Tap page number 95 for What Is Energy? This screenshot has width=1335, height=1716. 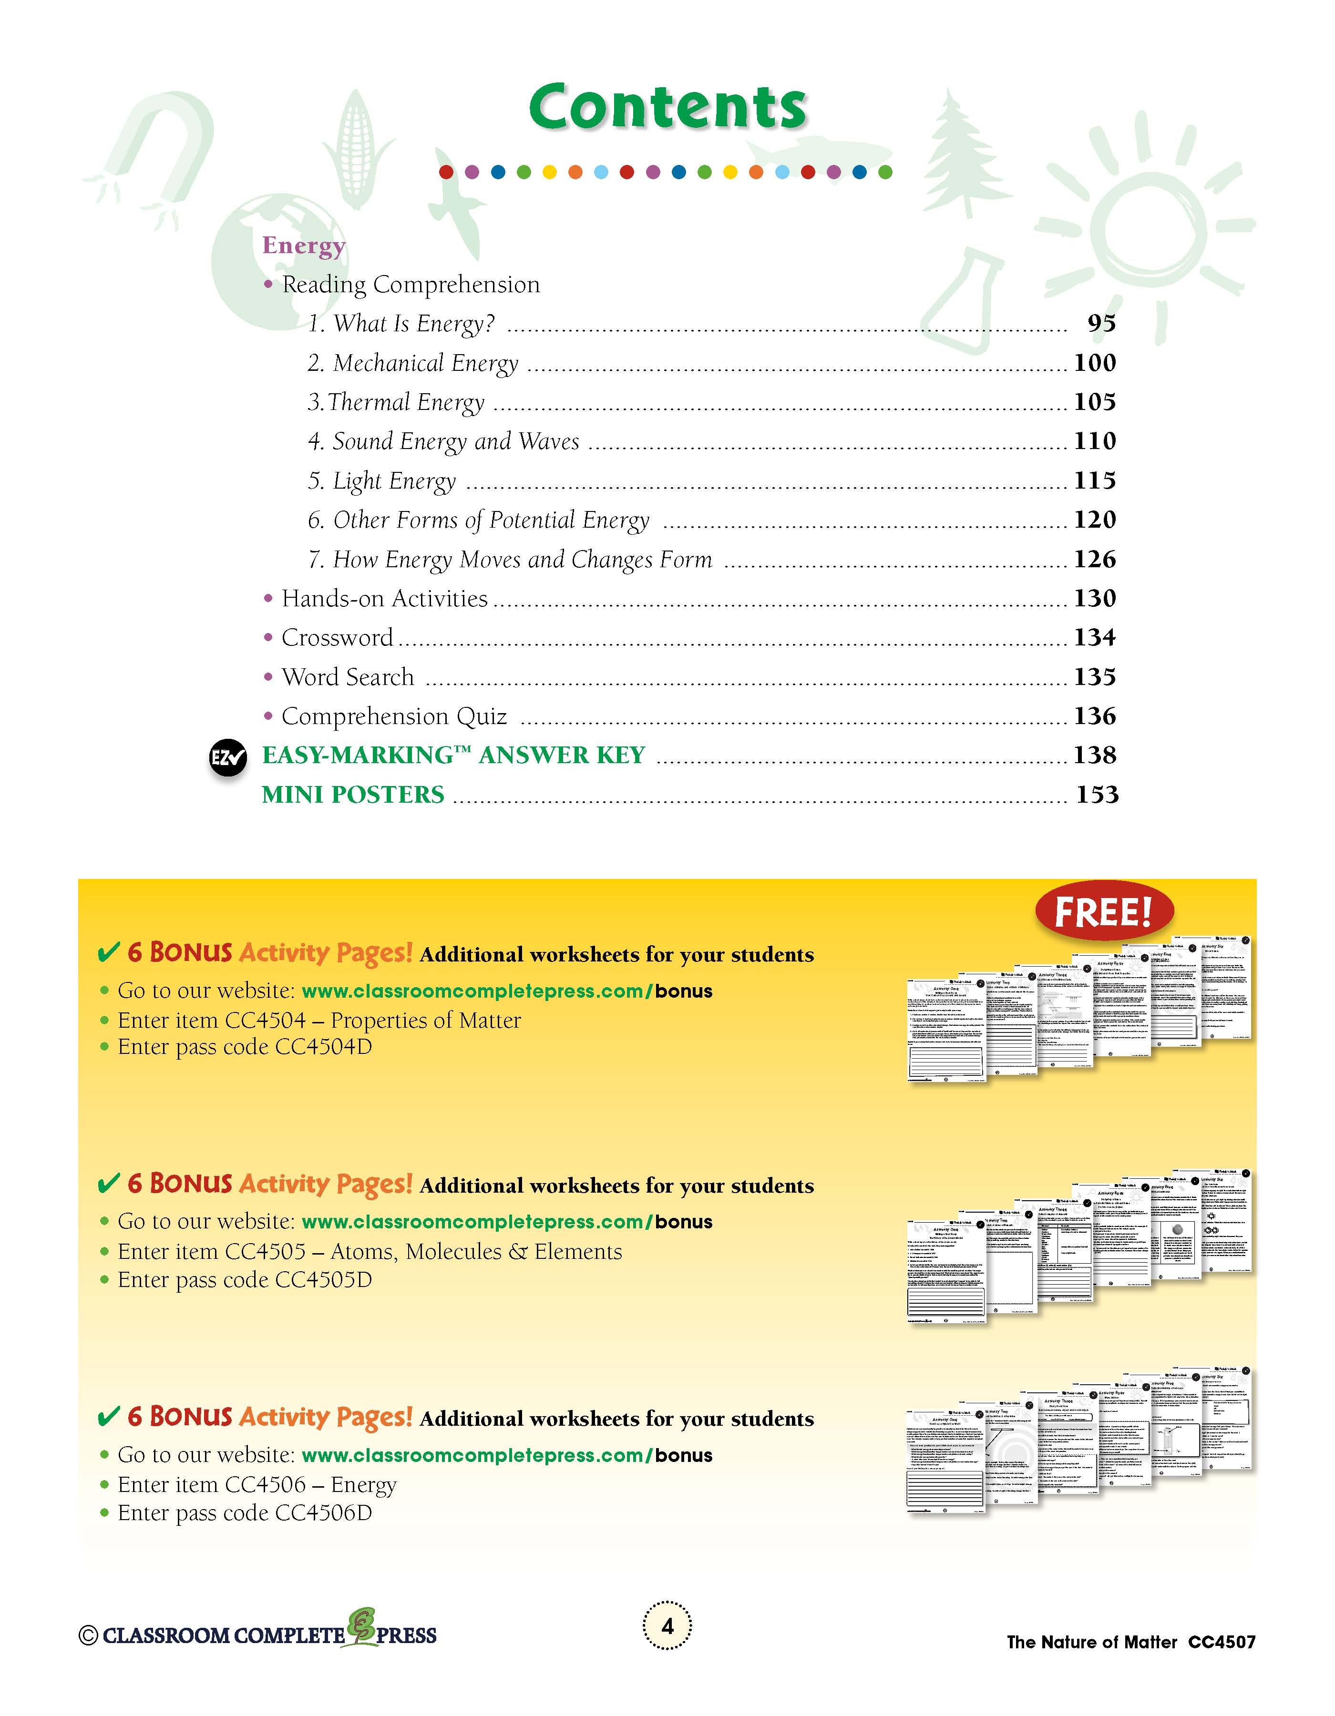pos(1101,323)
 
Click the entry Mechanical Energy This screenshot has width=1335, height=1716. pos(413,363)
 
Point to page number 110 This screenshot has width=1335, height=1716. pos(1095,441)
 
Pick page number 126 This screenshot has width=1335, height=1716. pos(1095,560)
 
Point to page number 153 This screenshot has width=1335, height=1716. pos(1097,794)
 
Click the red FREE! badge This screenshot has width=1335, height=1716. pos(1103,912)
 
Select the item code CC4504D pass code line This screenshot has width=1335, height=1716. pos(245,1047)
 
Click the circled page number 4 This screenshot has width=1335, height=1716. pos(667,1625)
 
